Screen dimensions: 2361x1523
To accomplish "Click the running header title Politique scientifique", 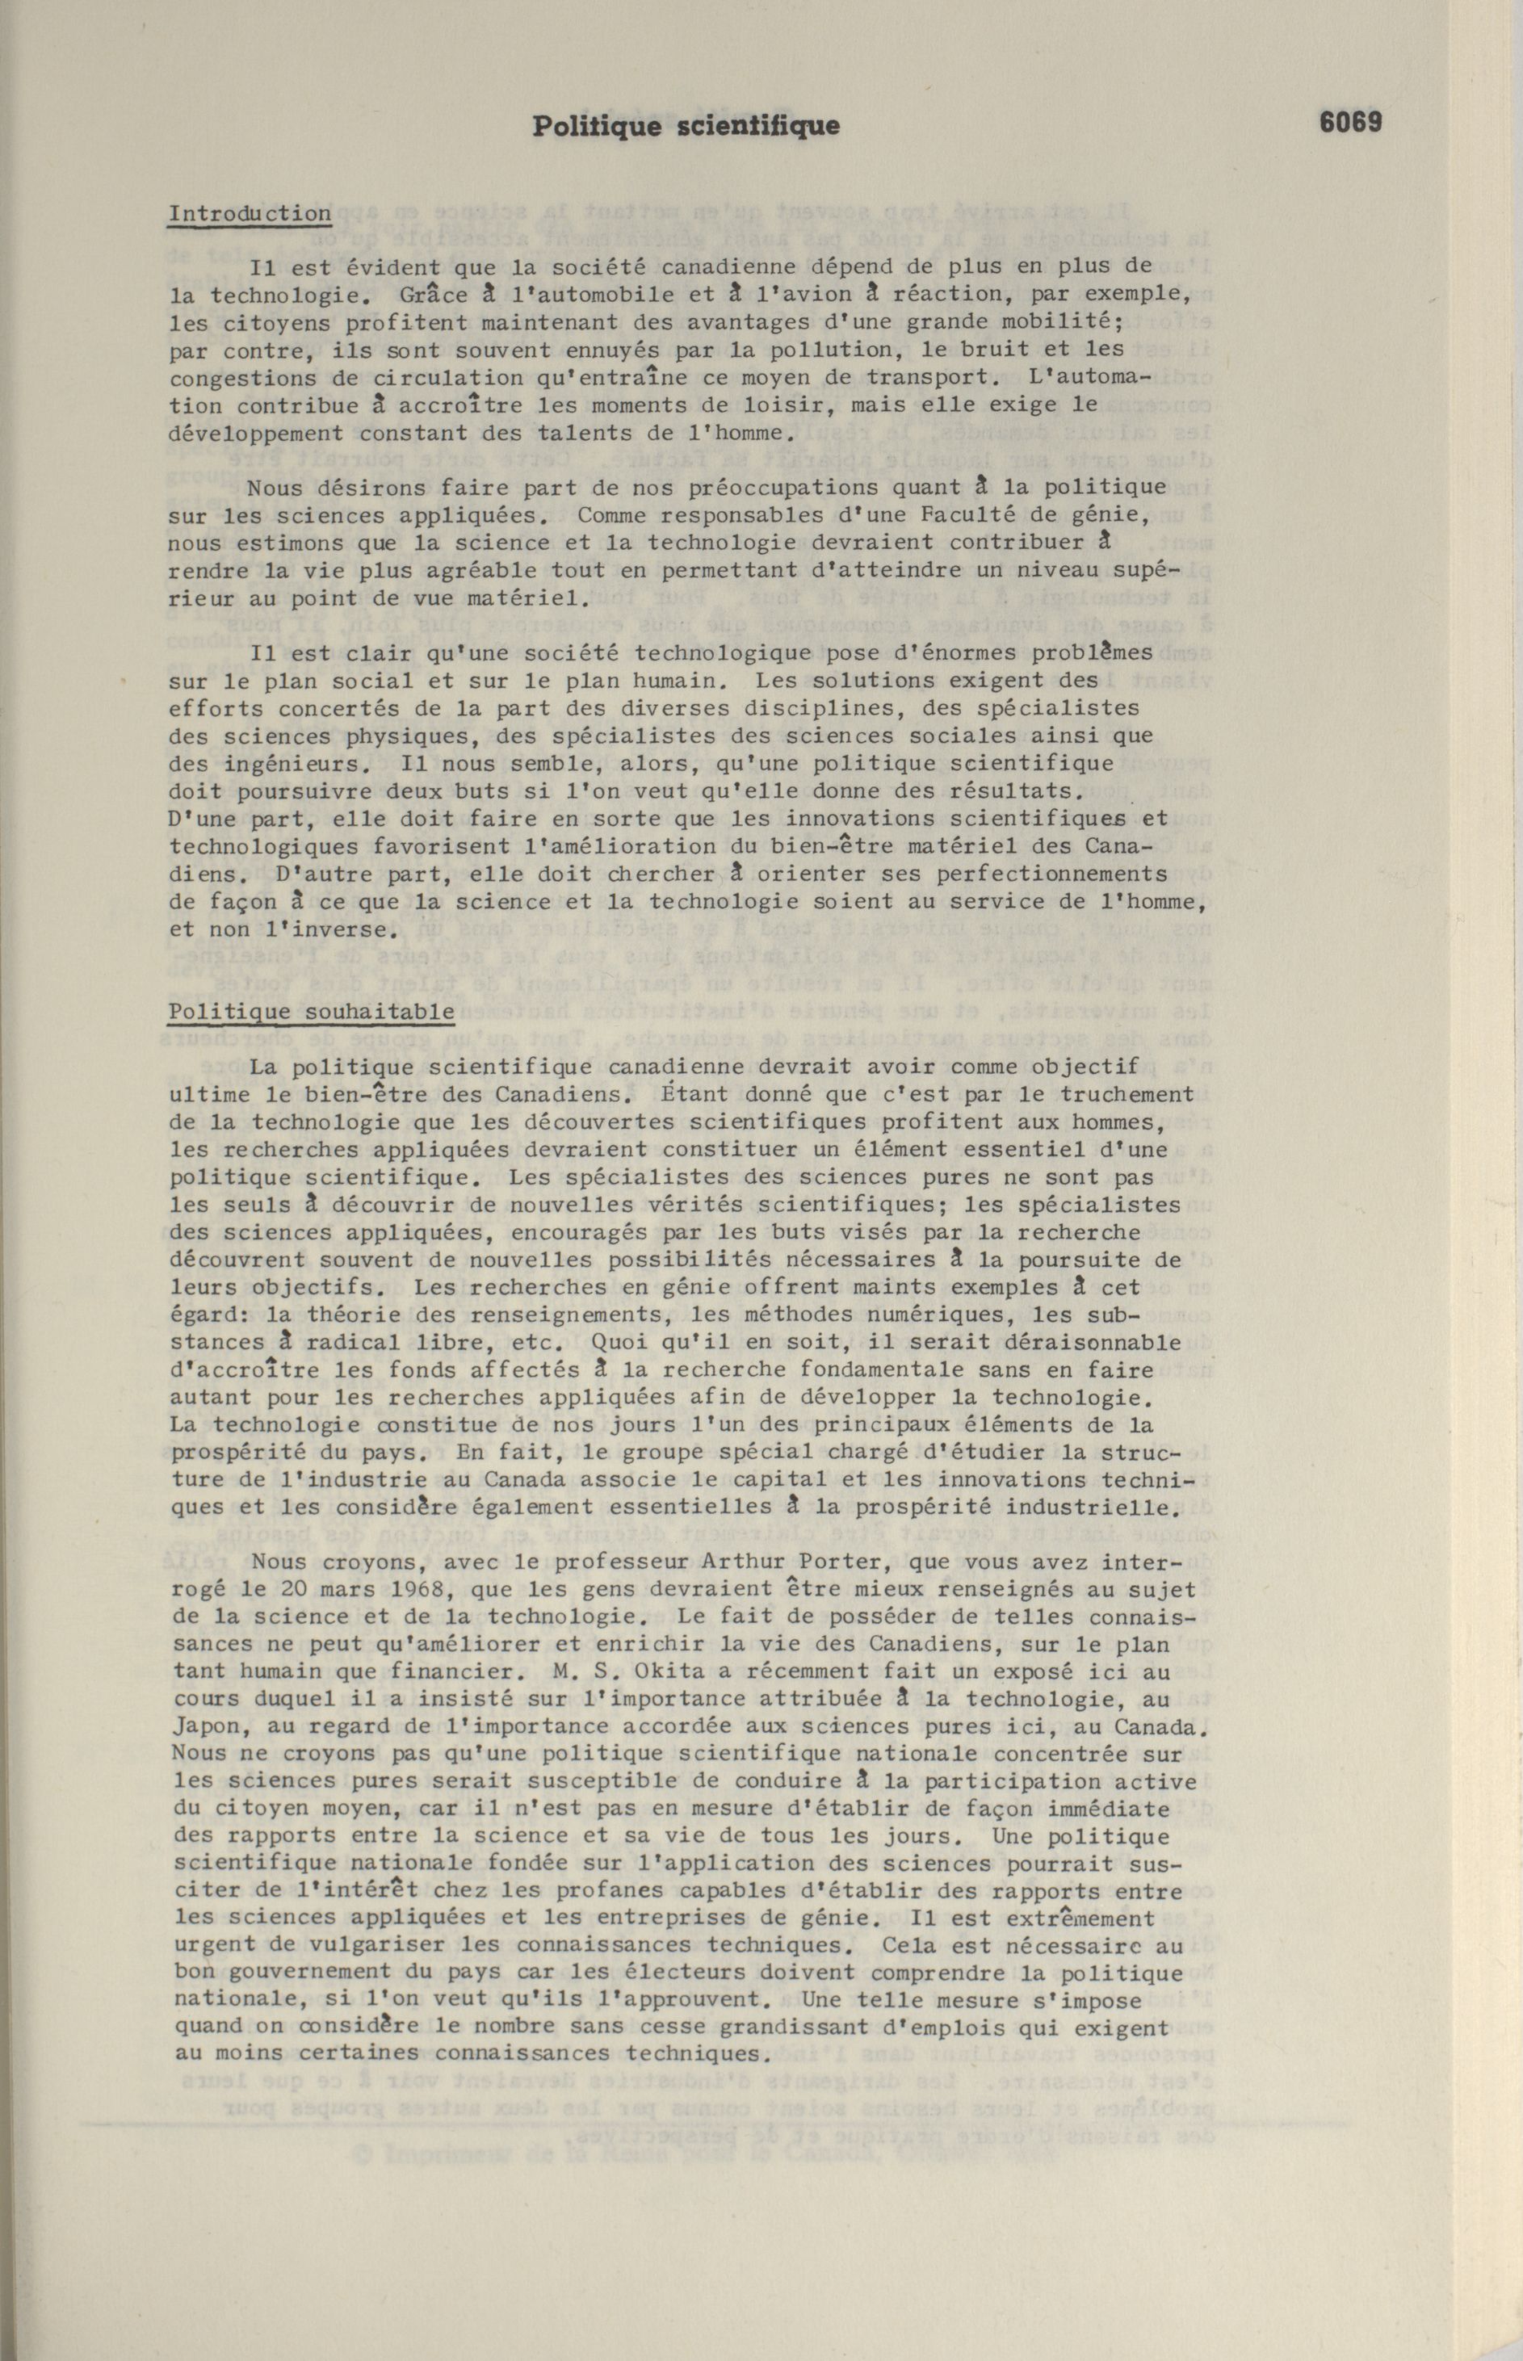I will (x=686, y=126).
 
